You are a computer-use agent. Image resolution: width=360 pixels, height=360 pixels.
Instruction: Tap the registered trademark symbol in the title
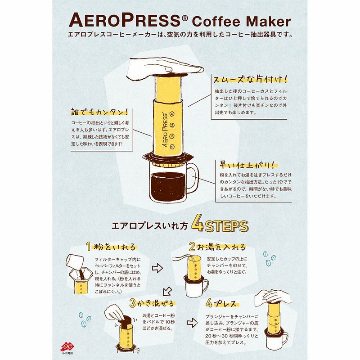(185, 17)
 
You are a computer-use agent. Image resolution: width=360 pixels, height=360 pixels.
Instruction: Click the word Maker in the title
(268, 22)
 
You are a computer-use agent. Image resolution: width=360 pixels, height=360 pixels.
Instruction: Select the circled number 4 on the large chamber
(172, 114)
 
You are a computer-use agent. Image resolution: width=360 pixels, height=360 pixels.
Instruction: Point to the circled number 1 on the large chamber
(172, 147)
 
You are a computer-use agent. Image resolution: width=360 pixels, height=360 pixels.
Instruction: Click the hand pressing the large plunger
(163, 68)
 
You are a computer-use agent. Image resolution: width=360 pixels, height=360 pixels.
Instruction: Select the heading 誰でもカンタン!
(99, 112)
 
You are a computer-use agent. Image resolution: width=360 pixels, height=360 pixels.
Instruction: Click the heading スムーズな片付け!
(251, 79)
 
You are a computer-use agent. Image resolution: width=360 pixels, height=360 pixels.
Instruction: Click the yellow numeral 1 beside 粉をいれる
(89, 247)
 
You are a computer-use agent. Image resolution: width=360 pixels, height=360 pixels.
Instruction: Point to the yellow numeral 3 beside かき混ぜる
(132, 303)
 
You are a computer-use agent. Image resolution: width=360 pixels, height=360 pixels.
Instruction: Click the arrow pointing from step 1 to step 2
(157, 268)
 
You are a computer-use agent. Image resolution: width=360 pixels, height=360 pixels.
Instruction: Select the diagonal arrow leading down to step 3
(167, 291)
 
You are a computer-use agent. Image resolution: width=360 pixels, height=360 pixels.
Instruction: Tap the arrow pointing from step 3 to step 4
(193, 323)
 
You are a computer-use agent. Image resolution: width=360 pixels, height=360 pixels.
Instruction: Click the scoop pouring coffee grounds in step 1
(74, 261)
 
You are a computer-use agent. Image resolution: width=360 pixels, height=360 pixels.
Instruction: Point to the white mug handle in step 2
(206, 285)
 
